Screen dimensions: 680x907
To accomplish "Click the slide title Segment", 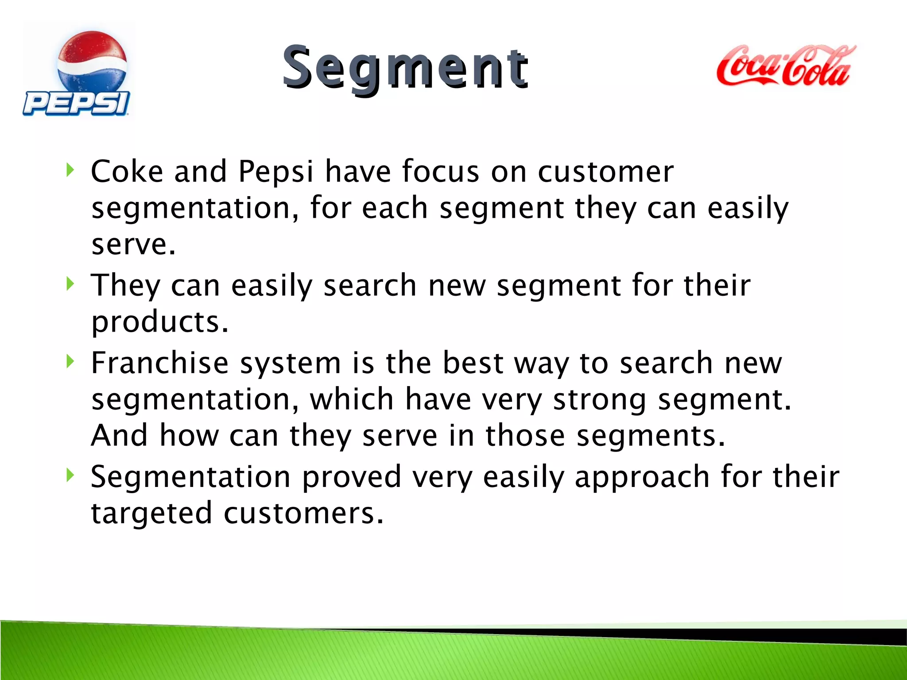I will (405, 68).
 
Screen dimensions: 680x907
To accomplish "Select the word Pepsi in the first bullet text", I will (275, 171).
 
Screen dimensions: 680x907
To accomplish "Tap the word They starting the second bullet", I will (125, 285).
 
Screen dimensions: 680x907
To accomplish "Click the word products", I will (159, 322).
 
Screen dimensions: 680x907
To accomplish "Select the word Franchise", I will (159, 363).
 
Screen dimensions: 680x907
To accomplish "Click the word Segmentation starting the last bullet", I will (190, 477).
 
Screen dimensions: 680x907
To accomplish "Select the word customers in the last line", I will (303, 514).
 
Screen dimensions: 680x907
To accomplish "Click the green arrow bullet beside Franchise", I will (70, 361).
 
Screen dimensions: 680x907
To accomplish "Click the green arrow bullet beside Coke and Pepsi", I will (70, 170).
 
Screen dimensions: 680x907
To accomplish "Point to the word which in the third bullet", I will (351, 399).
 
